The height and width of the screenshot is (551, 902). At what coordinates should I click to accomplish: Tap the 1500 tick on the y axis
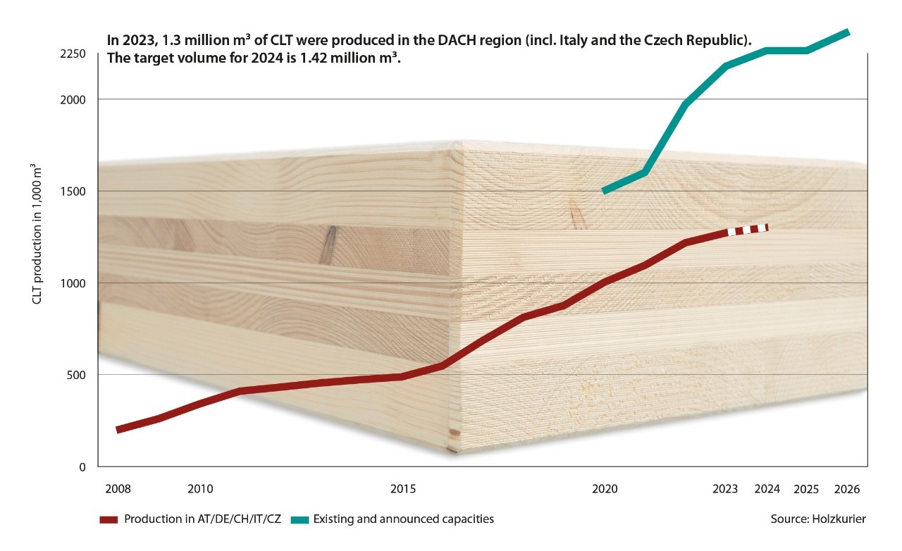pos(73,191)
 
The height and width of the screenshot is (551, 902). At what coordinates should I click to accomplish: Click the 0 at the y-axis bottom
pos(82,466)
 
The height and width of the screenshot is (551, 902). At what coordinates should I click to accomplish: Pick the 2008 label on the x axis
pos(117,488)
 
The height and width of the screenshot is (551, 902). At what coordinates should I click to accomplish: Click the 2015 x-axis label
pos(403,488)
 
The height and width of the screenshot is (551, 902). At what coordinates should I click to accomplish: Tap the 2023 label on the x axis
pos(725,488)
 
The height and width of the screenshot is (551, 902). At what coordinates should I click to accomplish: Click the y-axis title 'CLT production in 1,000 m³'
pos(37,233)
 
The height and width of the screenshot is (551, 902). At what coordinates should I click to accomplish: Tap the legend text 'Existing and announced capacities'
pos(403,519)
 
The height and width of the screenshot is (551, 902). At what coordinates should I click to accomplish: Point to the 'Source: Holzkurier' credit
pos(818,519)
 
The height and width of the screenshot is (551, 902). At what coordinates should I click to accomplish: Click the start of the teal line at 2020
pos(605,190)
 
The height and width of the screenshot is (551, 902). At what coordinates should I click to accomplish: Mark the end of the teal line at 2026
pos(847,32)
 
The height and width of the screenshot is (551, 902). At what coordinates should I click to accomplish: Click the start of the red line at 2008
pos(118,428)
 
